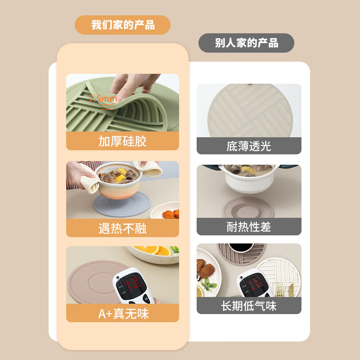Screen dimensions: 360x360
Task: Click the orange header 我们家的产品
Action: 122,25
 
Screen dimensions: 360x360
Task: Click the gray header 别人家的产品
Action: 246,43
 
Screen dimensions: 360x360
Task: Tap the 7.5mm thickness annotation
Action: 103,99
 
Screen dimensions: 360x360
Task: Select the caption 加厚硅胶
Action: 122,141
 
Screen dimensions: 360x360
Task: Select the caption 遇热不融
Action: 122,228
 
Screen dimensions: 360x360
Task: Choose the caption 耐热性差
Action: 249,227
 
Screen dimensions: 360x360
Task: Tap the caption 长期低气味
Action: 249,306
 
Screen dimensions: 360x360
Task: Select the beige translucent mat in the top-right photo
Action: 249,112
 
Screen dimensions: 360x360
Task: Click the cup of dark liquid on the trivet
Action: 236,247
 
